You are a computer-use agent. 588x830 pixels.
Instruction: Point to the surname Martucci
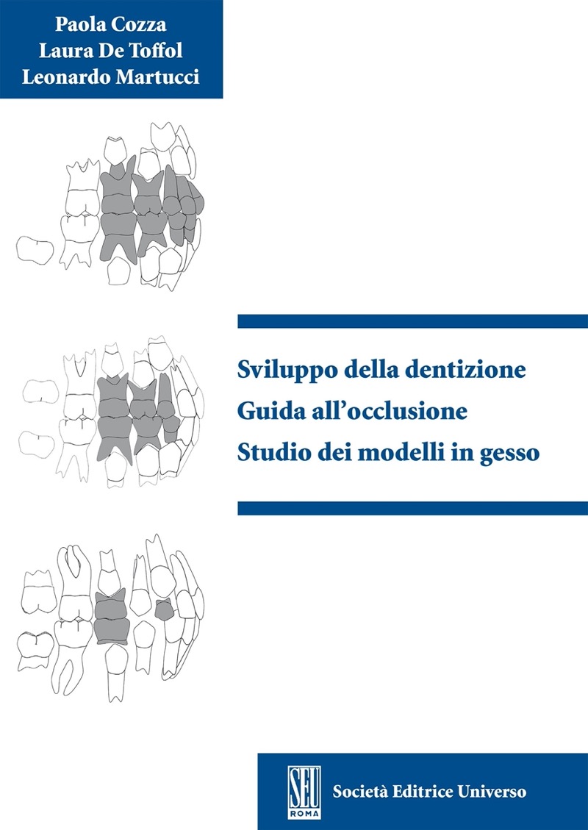(158, 77)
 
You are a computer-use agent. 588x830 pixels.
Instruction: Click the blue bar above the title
(412, 321)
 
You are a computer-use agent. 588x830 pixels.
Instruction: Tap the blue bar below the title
(412, 508)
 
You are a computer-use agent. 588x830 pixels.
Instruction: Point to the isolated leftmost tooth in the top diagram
(35, 251)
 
